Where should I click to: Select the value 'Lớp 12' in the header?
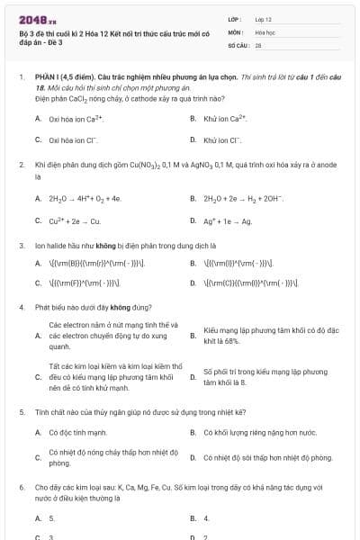pos(264,18)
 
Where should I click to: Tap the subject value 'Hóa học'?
pos(265,31)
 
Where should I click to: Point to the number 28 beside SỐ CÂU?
pos(258,43)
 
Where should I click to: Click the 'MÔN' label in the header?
pos(236,31)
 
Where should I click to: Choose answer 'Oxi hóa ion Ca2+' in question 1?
pos(77,118)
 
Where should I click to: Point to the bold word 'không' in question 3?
pos(121,245)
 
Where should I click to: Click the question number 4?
pos(22,304)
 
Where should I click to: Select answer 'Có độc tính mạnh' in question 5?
pos(76,432)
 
